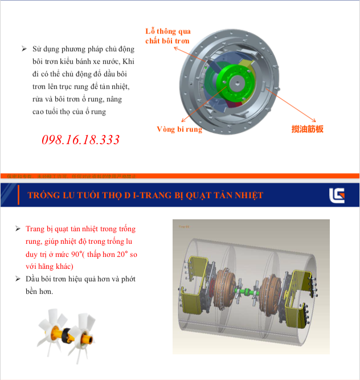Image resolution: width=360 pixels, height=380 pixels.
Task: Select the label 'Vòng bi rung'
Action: (x=179, y=129)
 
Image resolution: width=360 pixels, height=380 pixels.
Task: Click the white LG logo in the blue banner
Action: (x=337, y=195)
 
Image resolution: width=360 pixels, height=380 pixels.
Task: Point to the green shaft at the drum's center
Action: (x=251, y=294)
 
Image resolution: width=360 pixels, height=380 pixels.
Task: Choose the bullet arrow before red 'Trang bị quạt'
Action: (x=18, y=229)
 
